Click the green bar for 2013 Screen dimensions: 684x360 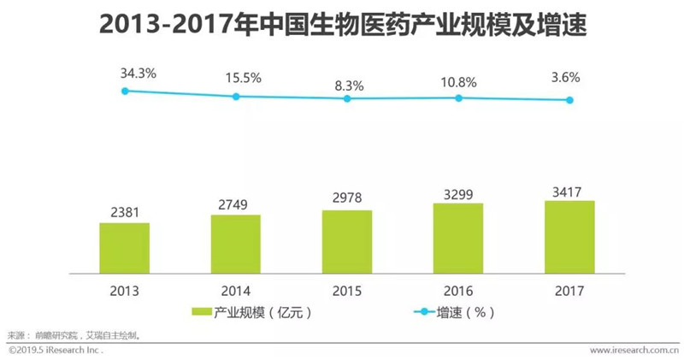point(124,248)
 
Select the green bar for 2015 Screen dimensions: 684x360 point(347,242)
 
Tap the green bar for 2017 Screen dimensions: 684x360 point(569,238)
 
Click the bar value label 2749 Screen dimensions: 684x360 point(233,204)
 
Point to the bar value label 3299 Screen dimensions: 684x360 point(458,194)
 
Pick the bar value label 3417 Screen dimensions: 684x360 point(567,192)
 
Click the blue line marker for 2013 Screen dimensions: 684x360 point(125,91)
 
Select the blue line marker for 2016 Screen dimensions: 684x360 point(458,98)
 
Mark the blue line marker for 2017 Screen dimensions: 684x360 point(569,100)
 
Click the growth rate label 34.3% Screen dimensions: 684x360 point(139,74)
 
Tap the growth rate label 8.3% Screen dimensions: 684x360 point(349,86)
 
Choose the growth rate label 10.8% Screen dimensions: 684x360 point(458,82)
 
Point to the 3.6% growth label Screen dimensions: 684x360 point(565,77)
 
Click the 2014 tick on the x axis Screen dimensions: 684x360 point(236,291)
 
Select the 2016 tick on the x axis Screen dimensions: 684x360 point(458,291)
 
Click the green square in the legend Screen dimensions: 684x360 point(202,312)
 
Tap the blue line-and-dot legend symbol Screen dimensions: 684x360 point(424,312)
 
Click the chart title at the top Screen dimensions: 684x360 point(343,24)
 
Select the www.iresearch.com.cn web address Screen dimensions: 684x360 point(634,350)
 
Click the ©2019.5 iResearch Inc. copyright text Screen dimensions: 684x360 point(56,350)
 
